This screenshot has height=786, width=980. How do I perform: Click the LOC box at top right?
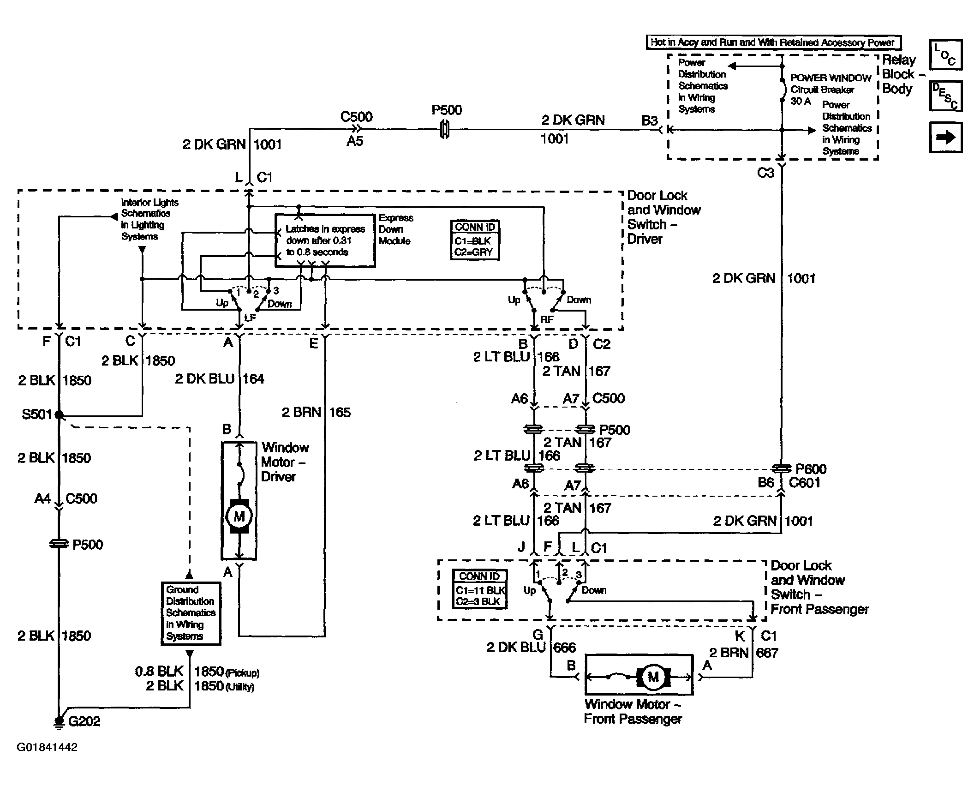[x=945, y=54]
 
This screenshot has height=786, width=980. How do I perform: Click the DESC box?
[x=945, y=96]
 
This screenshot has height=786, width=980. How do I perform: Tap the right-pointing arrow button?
[x=945, y=137]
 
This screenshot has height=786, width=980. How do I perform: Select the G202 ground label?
[x=84, y=721]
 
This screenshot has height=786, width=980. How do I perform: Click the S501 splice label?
[x=37, y=414]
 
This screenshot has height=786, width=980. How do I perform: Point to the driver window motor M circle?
[x=239, y=516]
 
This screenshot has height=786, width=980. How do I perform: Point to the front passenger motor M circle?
[x=653, y=677]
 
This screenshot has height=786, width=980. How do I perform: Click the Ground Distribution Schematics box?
[x=191, y=613]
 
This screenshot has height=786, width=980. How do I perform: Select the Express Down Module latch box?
[x=325, y=240]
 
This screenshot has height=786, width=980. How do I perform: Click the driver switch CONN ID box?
[x=475, y=240]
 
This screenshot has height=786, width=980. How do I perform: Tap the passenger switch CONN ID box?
[x=480, y=589]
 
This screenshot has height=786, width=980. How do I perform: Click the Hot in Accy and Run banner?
[x=773, y=42]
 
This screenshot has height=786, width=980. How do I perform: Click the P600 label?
[x=811, y=469]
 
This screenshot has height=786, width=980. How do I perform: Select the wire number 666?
[x=564, y=648]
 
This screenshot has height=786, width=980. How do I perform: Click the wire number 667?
[x=767, y=653]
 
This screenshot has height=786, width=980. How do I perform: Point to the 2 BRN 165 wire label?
[x=316, y=412]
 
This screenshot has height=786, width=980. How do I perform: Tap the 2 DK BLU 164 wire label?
[x=220, y=379]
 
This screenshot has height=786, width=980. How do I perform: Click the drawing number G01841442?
[x=47, y=747]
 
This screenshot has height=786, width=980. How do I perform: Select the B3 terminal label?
[x=649, y=120]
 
